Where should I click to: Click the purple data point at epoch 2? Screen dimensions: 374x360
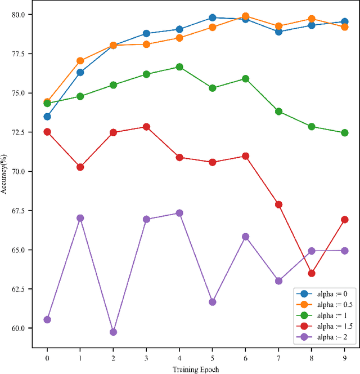pos(113,332)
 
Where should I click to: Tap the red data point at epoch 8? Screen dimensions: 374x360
pos(312,273)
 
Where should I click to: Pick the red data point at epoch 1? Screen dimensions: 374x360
pos(80,167)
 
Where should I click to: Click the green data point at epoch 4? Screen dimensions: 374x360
pos(179,67)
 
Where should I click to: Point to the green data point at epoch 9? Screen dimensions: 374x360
pos(345,133)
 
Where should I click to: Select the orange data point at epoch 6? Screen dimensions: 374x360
pos(245,16)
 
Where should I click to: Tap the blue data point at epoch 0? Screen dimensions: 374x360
pos(47,117)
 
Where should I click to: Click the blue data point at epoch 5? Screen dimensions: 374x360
pos(213,18)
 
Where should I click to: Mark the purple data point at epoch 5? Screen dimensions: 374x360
pos(213,302)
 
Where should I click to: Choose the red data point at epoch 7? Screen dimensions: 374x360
pos(278,204)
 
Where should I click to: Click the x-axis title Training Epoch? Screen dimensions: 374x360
pos(196,369)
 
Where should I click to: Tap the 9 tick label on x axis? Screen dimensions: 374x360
pos(345,357)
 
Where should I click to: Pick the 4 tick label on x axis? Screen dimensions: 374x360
pos(179,357)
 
